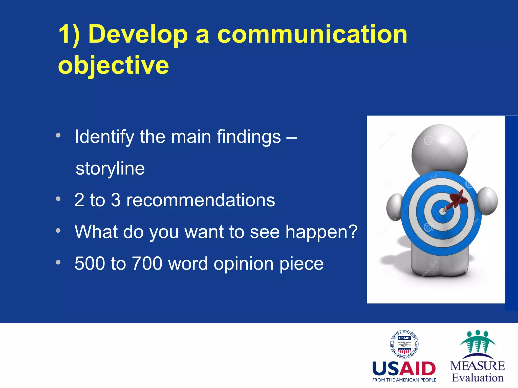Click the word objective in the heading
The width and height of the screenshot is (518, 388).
tap(113, 65)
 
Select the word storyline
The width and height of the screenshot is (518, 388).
tap(110, 168)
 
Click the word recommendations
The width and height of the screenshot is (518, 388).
tap(200, 200)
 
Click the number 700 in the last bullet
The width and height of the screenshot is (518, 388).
tap(147, 263)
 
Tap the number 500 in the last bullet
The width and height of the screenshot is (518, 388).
tap(90, 263)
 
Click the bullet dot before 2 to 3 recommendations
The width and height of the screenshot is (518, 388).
tap(58, 199)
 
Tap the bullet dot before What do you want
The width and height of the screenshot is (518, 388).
tap(58, 231)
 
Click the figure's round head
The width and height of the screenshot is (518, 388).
tap(440, 149)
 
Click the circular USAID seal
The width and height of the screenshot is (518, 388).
tap(404, 344)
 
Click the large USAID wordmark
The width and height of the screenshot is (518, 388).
tap(404, 369)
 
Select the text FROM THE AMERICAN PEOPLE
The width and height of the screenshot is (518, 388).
tap(404, 380)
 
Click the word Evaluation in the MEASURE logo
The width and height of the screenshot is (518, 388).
tap(478, 378)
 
